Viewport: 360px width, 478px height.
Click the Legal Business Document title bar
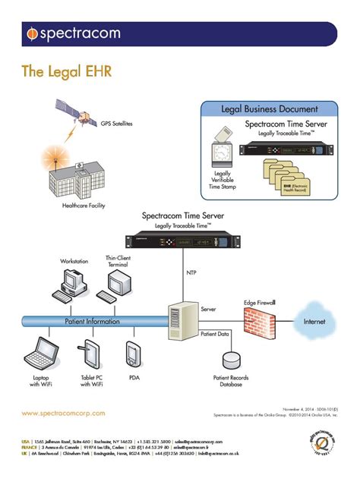(269, 109)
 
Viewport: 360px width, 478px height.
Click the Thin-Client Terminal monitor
(120, 283)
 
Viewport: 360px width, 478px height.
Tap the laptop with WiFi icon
(42, 353)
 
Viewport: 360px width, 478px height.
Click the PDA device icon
(134, 354)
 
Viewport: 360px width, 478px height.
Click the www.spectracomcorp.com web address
(63, 414)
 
